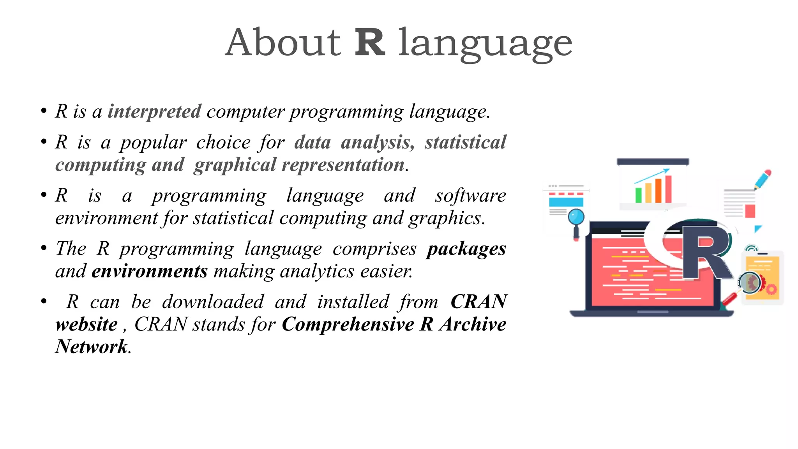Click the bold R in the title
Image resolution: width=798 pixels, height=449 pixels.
click(370, 42)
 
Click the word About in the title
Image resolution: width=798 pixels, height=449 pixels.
click(283, 42)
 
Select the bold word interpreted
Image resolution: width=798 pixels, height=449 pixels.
click(154, 111)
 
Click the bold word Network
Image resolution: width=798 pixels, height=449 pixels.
click(91, 347)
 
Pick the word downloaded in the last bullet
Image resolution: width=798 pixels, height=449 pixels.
click(213, 302)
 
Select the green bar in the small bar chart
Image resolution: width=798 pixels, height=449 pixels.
click(638, 195)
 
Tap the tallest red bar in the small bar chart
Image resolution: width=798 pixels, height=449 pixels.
click(668, 189)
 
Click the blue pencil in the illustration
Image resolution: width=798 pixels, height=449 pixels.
click(763, 179)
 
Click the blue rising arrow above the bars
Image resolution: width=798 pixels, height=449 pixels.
click(652, 176)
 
